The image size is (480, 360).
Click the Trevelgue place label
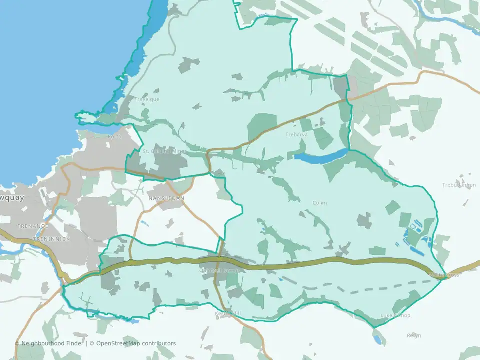(x=147, y=99)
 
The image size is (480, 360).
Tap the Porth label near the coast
(x=114, y=136)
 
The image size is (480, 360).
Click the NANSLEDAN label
(x=166, y=198)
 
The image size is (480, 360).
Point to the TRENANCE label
(x=32, y=226)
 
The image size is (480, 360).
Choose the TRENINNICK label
(x=52, y=239)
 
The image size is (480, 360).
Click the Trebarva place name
(x=296, y=134)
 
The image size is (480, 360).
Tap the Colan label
(x=319, y=203)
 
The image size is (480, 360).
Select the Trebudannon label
(x=459, y=185)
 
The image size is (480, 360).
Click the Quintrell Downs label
(x=220, y=270)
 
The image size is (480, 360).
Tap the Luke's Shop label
(x=395, y=316)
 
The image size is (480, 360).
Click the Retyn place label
(x=414, y=335)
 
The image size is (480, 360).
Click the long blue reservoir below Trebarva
(x=320, y=156)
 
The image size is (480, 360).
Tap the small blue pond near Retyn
(x=377, y=339)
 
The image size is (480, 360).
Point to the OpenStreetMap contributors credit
(x=136, y=343)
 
